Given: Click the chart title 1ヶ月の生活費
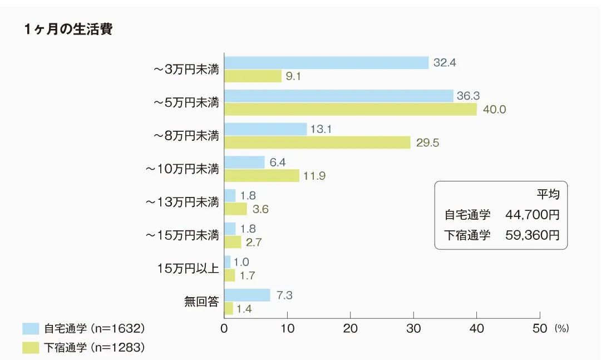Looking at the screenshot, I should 68,29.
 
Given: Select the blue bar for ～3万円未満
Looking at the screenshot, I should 326,63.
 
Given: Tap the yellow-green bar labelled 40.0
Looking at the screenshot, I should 350,109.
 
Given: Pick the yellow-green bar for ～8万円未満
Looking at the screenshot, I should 317,142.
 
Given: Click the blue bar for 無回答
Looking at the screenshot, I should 247,295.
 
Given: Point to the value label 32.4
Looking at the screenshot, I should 445,63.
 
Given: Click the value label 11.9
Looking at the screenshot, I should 314,176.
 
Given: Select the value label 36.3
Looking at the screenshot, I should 468,96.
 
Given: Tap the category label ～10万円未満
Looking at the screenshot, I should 183,169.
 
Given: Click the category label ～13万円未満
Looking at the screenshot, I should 183,202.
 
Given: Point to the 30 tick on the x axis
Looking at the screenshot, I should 413,329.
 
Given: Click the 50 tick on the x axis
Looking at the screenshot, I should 540,329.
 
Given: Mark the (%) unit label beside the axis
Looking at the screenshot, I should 561,329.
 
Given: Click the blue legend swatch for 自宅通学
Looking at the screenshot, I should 31,329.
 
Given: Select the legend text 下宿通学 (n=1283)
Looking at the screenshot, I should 94,348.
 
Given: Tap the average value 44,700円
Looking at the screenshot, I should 532,214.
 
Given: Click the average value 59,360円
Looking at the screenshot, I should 532,235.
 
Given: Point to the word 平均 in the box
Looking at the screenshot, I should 548,194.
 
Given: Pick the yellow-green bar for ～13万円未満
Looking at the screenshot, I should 235,209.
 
